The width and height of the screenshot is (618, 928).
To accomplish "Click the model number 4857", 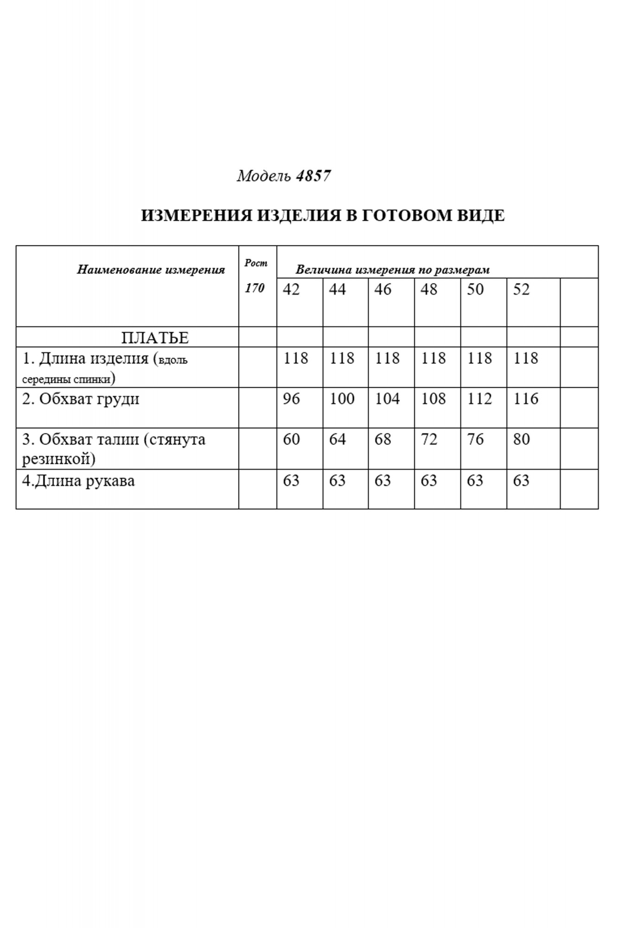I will [313, 176].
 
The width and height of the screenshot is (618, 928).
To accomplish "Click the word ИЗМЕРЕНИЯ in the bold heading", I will [196, 216].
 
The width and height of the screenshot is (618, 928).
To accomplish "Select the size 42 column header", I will [291, 290].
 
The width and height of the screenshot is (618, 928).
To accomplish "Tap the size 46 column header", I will [383, 290].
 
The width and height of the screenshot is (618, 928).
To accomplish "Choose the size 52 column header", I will [521, 290].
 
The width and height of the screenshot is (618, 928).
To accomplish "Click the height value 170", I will [255, 288].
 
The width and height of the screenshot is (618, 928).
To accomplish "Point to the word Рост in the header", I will [256, 263].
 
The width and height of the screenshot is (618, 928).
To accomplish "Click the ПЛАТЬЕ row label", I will [155, 338].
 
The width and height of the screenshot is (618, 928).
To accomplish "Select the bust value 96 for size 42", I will [291, 399].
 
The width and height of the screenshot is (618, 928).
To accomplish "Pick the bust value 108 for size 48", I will [433, 399].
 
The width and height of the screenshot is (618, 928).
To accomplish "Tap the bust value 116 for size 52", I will [526, 399].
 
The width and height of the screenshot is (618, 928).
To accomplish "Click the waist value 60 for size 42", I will [291, 439].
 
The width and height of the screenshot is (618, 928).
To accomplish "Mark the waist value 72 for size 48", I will [429, 439].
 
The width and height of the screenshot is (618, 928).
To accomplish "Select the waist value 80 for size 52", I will [521, 439].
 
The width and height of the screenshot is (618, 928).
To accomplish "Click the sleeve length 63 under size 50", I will [475, 481].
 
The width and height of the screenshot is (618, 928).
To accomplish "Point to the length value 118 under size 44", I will [342, 358].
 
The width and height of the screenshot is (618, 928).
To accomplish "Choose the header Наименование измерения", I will [151, 270].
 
